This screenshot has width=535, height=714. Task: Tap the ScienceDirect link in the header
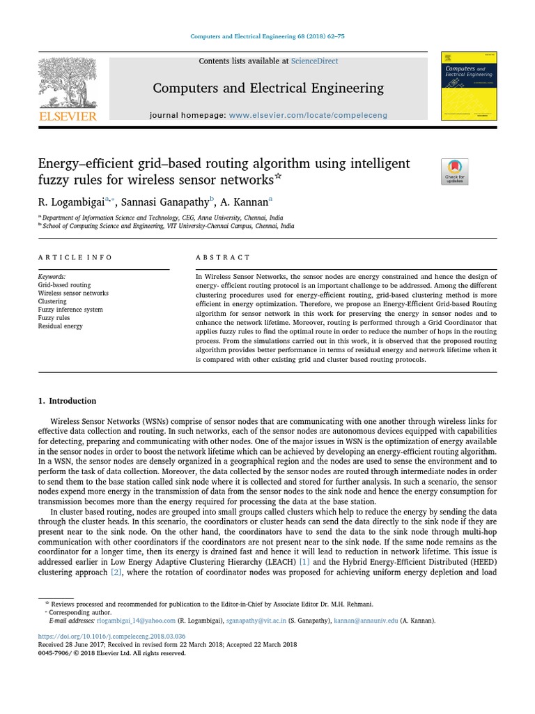click(x=314, y=61)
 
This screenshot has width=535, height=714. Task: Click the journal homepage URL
click(x=308, y=115)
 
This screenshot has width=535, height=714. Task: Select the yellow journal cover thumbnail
click(x=469, y=86)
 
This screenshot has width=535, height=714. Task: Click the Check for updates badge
click(x=455, y=172)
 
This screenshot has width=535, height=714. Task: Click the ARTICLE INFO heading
click(x=75, y=257)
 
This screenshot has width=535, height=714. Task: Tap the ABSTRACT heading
click(x=223, y=257)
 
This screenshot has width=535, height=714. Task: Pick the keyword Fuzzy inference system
click(x=70, y=310)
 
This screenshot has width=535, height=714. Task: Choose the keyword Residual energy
click(x=60, y=326)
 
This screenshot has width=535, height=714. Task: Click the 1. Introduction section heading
click(x=67, y=401)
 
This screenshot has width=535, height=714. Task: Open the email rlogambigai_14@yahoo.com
click(x=137, y=621)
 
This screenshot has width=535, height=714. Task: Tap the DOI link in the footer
click(x=111, y=636)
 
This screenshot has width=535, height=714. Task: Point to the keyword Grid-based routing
click(x=64, y=285)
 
